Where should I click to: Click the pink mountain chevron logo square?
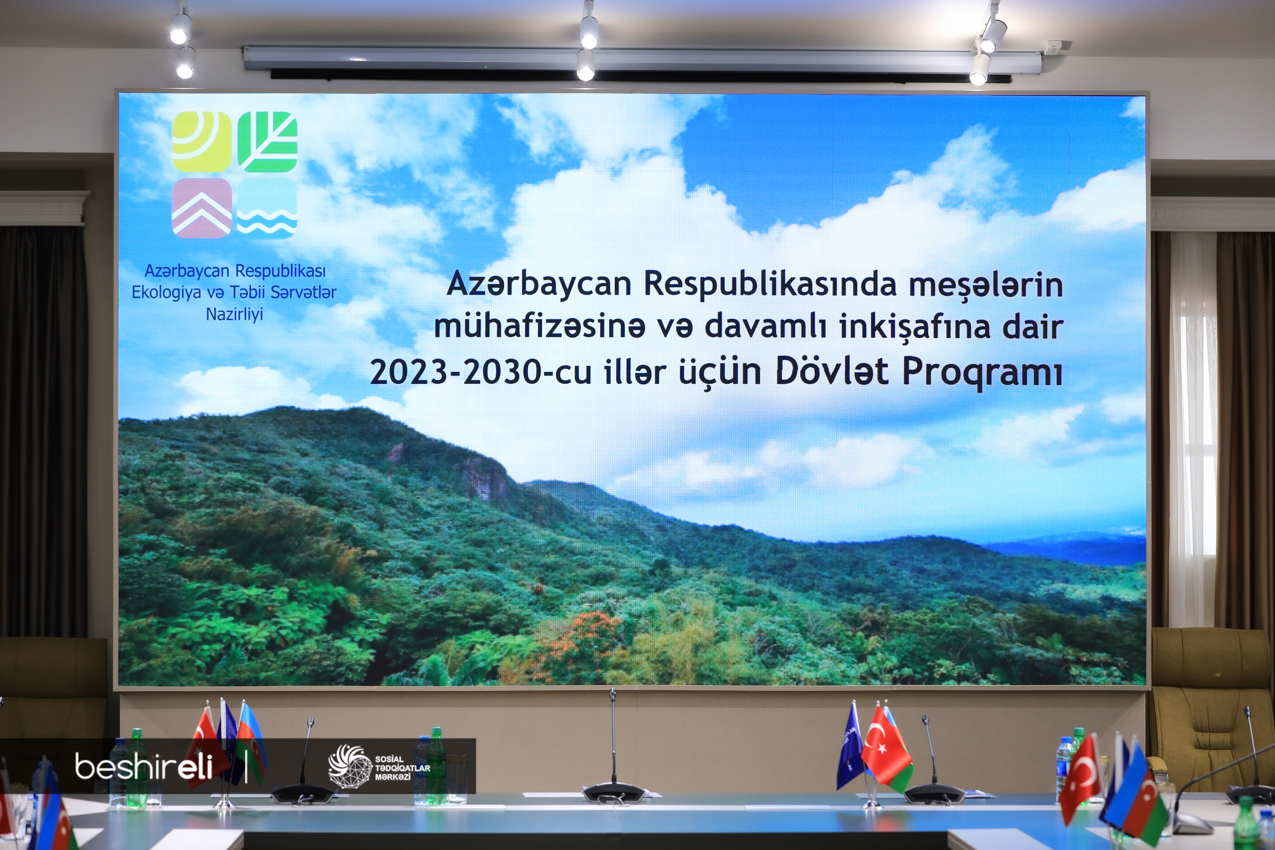click(202, 208)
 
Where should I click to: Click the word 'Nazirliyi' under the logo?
click(234, 314)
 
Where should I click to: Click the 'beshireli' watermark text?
click(144, 766)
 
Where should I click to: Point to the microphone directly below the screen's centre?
click(613, 748)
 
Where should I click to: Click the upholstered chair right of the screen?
click(1212, 705)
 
